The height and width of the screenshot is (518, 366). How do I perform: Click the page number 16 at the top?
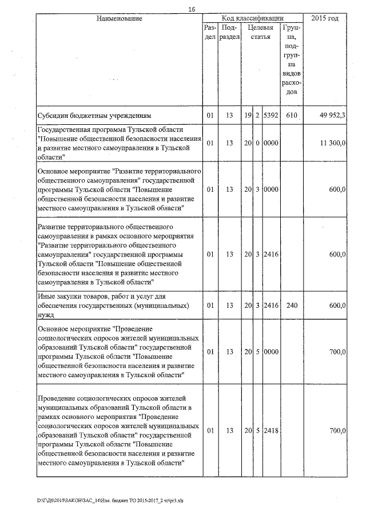(x=192, y=9)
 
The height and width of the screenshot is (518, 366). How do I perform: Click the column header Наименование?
(x=119, y=19)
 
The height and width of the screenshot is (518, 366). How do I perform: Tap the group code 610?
(x=292, y=115)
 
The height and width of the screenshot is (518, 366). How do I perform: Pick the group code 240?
(x=292, y=306)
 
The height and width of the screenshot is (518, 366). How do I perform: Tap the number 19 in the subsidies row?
(x=248, y=115)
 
